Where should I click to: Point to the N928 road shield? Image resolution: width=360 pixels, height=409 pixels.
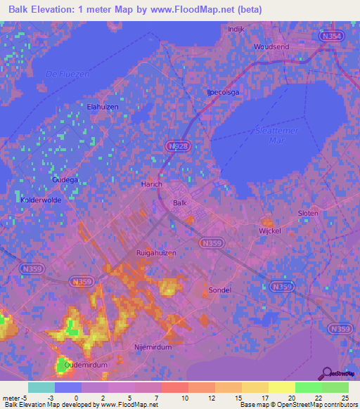point(176,145)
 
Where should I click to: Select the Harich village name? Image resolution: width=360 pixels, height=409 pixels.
point(153,184)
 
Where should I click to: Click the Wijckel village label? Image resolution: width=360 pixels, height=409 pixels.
point(269,231)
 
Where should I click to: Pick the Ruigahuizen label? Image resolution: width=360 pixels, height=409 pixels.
point(155,252)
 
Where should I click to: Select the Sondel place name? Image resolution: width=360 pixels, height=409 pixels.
point(220,290)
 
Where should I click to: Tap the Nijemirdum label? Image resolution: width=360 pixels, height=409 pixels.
point(153,346)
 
